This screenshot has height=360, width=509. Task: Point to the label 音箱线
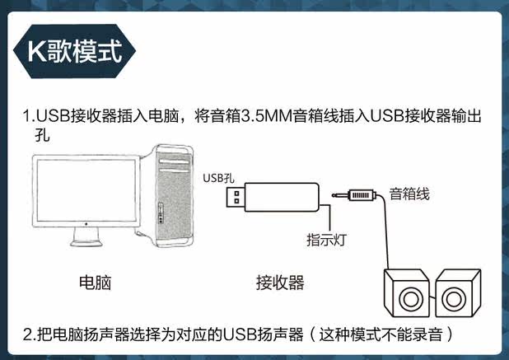(409, 194)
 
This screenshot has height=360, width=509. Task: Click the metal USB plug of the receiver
(236, 197)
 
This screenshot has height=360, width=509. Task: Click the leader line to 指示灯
(330, 218)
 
